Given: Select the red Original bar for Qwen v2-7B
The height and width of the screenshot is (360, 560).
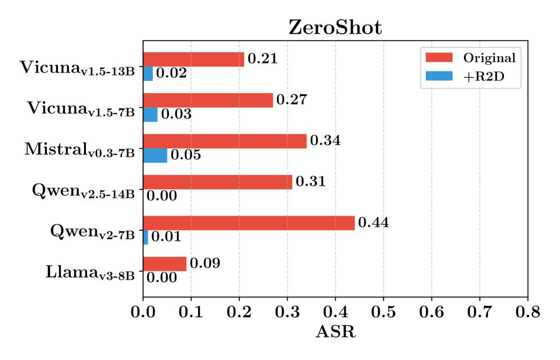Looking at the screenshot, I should tap(249, 223).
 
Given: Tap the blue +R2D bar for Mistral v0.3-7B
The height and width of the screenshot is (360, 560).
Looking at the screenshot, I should tap(155, 156).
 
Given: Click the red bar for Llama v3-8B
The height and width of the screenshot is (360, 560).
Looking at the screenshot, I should tap(165, 264).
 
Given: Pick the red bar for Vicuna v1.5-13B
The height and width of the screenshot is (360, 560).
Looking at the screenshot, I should tap(194, 59).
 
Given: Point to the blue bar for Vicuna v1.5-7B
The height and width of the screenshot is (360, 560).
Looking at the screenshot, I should tap(151, 115).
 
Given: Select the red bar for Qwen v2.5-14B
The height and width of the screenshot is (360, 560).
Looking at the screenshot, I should tap(218, 182).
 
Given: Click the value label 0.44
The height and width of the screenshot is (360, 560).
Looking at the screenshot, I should tap(374, 223).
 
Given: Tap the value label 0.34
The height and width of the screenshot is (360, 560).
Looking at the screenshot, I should tap(325, 140).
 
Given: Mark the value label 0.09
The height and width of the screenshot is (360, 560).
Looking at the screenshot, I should tap(204, 263).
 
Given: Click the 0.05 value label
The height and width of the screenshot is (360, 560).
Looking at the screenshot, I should tap(185, 156).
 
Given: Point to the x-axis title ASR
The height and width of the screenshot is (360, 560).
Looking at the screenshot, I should tap(335, 332).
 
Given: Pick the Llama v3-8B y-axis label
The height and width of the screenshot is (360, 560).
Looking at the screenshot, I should tap(90, 274).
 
